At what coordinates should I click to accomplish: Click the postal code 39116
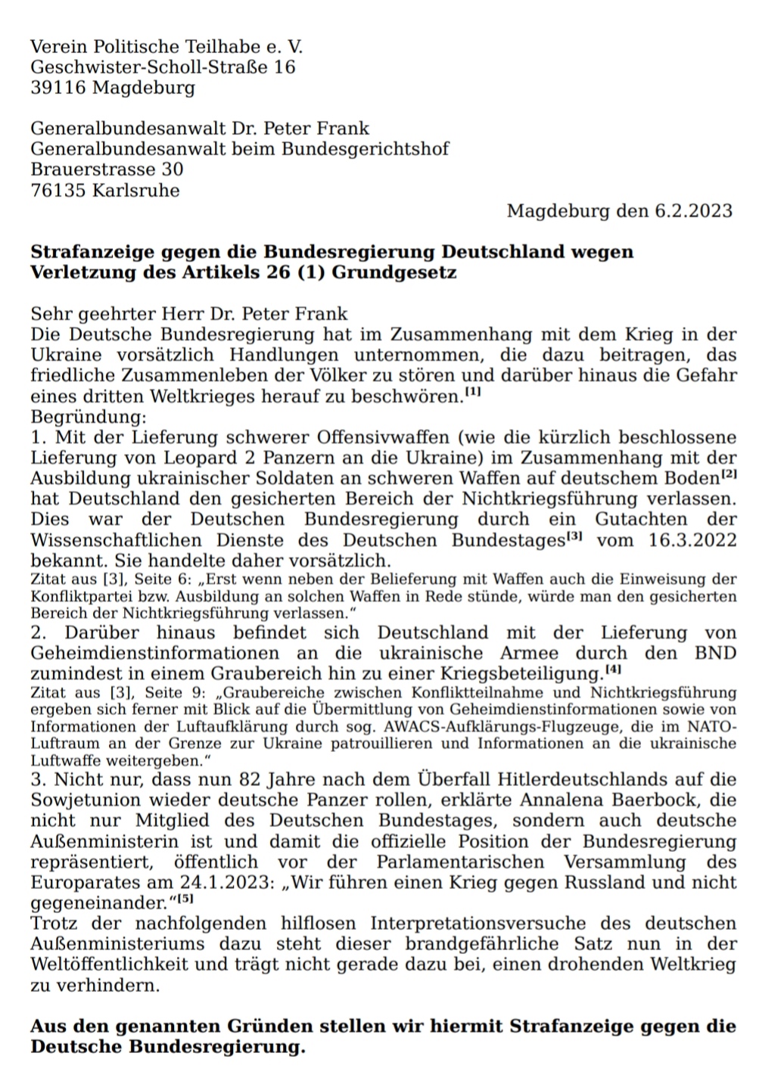click(x=58, y=88)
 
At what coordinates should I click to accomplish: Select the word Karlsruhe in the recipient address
click(x=136, y=191)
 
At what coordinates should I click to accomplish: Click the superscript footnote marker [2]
click(x=729, y=474)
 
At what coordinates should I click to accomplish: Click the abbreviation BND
click(x=715, y=653)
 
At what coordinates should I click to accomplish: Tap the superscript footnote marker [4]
click(x=613, y=669)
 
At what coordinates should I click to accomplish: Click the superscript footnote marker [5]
click(x=185, y=899)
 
